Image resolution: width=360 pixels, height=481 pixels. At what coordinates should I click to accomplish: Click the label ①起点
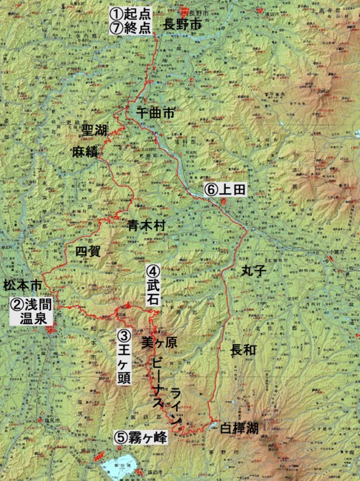point(130,13)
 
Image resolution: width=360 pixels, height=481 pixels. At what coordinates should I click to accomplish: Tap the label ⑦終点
point(130,28)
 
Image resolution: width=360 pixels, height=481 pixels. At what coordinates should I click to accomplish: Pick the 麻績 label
point(86,152)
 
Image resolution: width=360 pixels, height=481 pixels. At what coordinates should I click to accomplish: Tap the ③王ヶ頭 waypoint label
point(124,352)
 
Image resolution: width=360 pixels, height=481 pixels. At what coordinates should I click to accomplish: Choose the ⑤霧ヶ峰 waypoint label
point(141,437)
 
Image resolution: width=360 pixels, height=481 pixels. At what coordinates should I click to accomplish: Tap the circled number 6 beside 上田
point(211,190)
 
